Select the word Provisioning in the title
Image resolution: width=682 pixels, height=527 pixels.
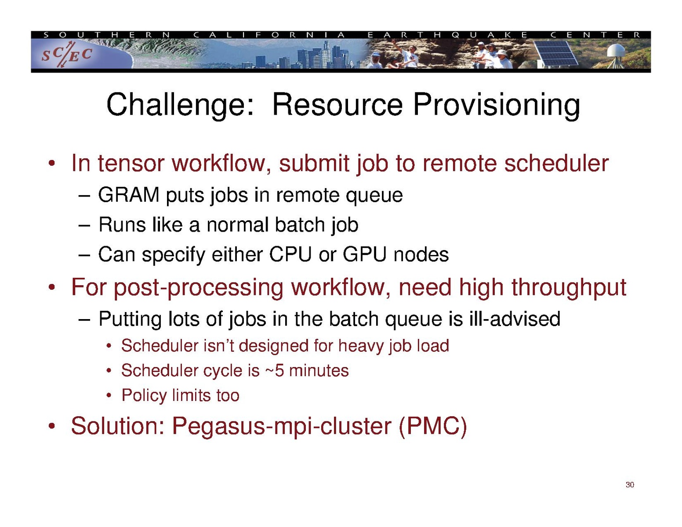click(496, 105)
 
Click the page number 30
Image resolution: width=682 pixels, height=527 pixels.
click(630, 485)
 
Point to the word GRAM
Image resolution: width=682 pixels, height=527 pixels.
click(129, 195)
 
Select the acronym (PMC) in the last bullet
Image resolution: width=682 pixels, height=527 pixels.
click(433, 426)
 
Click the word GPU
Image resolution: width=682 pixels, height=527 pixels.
click(364, 254)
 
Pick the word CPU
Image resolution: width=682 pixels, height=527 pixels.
click(290, 254)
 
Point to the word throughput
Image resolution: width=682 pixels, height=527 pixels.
click(569, 287)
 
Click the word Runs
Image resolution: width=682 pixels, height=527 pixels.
click(123, 225)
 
